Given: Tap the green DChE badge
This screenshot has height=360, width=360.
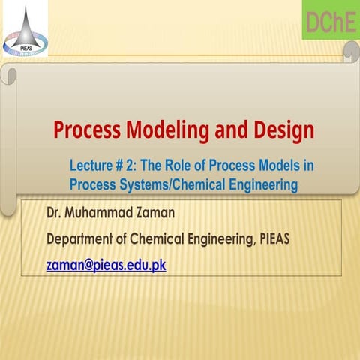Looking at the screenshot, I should (330, 22).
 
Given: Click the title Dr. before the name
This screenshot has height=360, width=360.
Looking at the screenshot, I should (54, 213).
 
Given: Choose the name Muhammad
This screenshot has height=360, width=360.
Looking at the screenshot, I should (99, 213).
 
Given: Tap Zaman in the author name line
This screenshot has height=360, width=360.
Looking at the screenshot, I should (154, 213).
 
